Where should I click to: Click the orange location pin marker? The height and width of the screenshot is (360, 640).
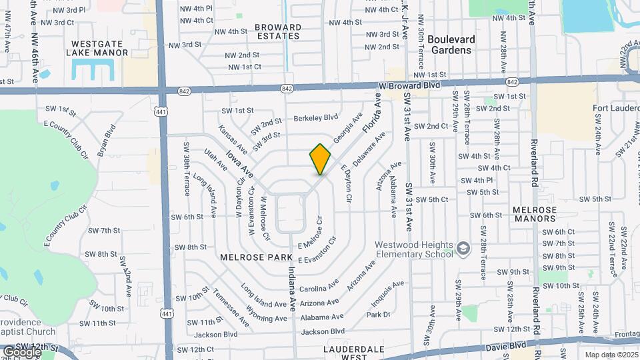(321, 159)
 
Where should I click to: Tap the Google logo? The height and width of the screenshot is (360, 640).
(21, 351)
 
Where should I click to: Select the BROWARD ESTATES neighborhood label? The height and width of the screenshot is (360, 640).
(278, 32)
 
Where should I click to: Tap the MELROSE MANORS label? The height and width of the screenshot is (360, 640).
(535, 215)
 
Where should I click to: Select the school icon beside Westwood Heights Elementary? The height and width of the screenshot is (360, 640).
(461, 249)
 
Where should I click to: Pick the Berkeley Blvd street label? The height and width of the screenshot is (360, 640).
(316, 118)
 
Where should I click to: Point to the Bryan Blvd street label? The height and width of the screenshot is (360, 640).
(107, 141)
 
